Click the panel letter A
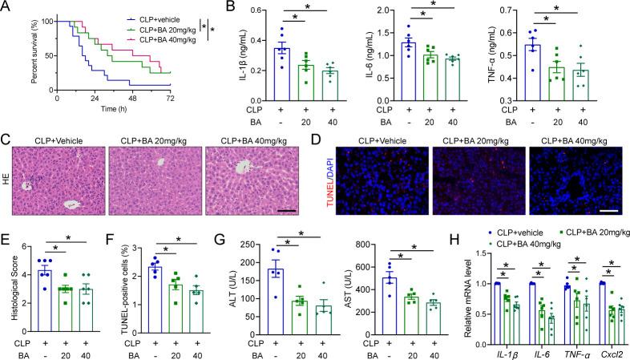[x=6, y=8]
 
